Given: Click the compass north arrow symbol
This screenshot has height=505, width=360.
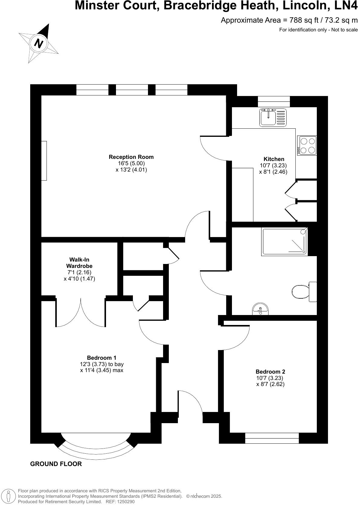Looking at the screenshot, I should (x=39, y=43).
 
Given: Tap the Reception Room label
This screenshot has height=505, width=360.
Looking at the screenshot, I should (x=131, y=157).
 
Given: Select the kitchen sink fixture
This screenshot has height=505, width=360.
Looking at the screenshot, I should (x=272, y=117).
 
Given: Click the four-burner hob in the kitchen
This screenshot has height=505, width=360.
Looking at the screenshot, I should (x=307, y=145).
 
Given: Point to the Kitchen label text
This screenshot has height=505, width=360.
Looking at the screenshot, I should (x=274, y=159).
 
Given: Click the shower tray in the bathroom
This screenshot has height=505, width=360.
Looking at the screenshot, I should (x=285, y=241).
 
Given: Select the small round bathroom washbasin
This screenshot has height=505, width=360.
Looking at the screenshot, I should (x=260, y=309).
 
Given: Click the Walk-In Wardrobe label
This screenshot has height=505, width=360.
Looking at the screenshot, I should (x=79, y=263).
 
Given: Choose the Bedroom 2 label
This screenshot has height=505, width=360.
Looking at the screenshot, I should (x=270, y=372).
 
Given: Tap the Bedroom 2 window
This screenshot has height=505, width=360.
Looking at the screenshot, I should (x=272, y=438).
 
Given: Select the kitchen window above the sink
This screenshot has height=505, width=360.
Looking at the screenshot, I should (x=274, y=101).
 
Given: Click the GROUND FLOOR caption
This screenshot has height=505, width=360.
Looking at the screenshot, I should (x=56, y=464).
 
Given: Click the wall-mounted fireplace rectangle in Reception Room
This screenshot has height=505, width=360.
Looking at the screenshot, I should (x=44, y=161).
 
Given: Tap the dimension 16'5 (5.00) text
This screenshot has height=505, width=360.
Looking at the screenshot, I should (x=131, y=163).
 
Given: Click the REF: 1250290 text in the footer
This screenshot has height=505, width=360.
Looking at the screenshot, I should (x=120, y=501).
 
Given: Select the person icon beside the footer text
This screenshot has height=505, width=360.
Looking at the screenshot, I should (x=9, y=496).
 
